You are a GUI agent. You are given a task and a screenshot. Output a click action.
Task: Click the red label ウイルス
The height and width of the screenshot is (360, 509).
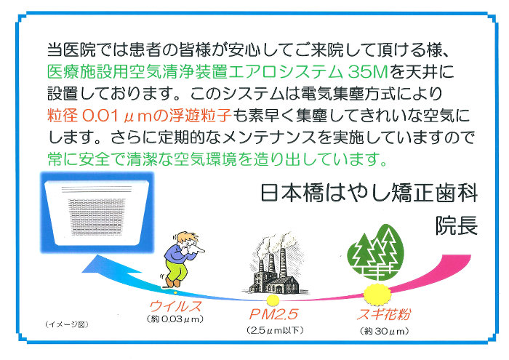pyautogui.click(x=175, y=305)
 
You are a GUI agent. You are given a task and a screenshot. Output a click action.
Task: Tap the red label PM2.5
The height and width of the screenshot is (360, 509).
pyautogui.click(x=273, y=314)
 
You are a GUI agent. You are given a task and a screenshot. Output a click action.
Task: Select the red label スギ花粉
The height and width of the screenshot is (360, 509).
pyautogui.click(x=384, y=314)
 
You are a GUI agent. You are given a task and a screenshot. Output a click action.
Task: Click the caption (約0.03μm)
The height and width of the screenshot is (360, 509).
pyautogui.click(x=175, y=319)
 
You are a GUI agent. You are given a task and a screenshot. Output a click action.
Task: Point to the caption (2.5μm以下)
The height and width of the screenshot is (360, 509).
pyautogui.click(x=275, y=330)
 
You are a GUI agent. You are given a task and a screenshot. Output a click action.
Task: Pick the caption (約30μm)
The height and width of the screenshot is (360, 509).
pyautogui.click(x=384, y=332)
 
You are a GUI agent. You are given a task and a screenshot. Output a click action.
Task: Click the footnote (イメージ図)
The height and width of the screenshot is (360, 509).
pyautogui.click(x=67, y=324)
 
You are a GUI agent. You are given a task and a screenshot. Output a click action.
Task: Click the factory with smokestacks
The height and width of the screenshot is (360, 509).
pyautogui.click(x=275, y=263)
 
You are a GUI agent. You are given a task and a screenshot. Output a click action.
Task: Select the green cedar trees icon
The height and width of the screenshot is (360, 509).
pyautogui.click(x=376, y=252)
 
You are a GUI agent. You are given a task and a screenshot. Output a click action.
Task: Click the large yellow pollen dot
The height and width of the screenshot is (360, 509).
pyautogui.click(x=377, y=293)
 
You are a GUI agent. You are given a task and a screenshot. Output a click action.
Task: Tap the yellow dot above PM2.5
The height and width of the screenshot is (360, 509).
pyautogui.click(x=272, y=300)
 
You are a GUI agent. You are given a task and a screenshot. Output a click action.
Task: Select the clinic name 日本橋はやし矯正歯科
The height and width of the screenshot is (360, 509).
pyautogui.click(x=369, y=193)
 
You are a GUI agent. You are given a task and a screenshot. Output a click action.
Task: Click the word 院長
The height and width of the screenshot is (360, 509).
pyautogui.click(x=457, y=225)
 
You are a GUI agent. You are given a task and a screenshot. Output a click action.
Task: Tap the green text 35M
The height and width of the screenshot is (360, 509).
pyautogui.click(x=368, y=72)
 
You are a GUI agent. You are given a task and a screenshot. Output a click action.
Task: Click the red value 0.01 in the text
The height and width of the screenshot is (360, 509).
pyautogui.click(x=100, y=116)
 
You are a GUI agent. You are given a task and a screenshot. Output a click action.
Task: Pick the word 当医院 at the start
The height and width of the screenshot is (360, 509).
pyautogui.click(x=71, y=50)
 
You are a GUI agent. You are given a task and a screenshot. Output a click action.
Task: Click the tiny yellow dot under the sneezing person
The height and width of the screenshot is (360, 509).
pyautogui.click(x=175, y=293)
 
